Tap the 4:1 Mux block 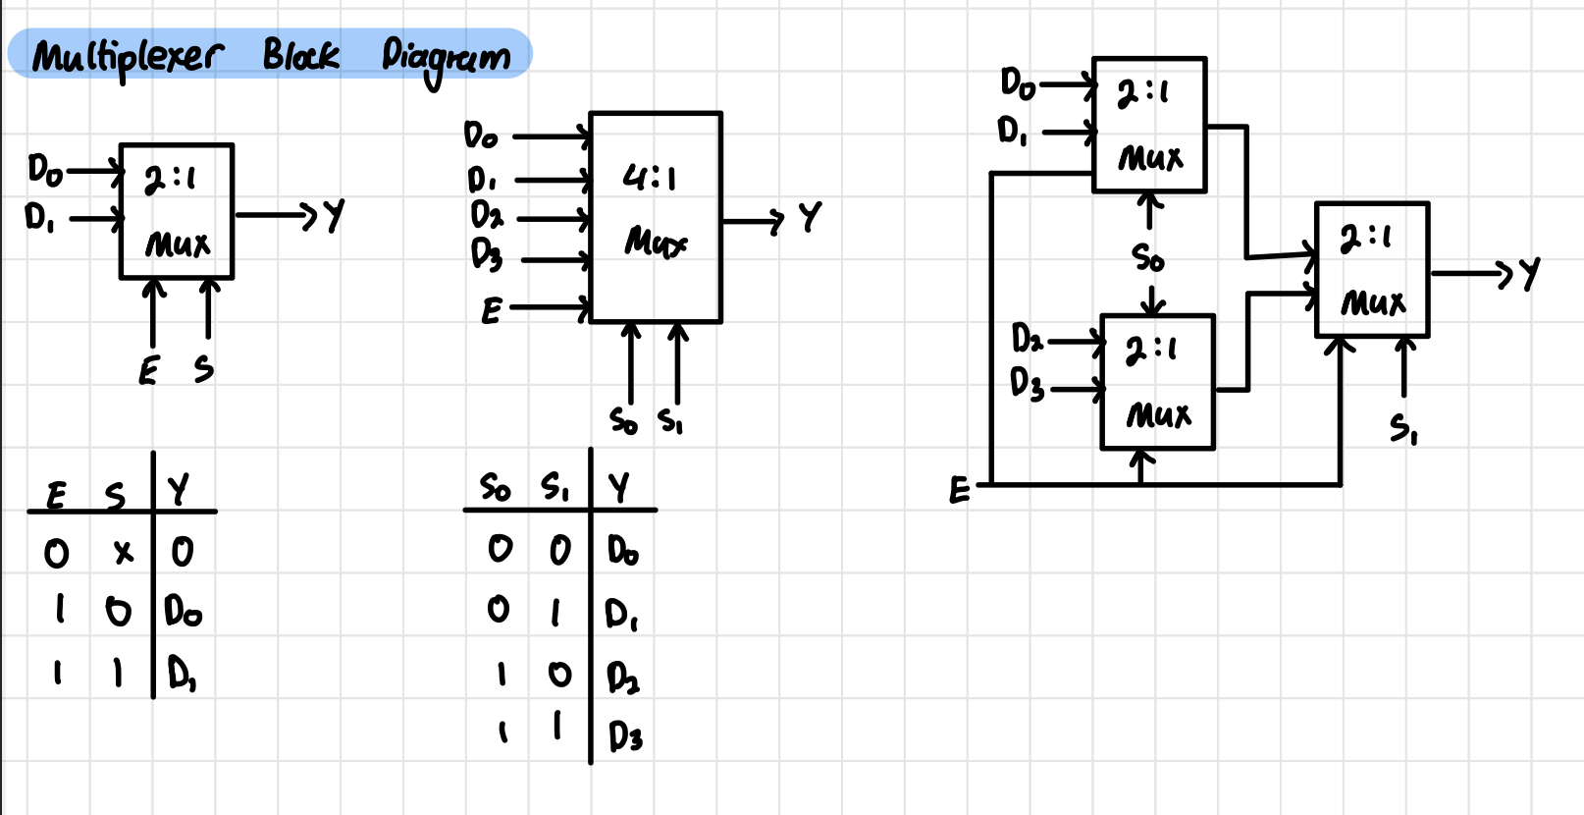656,217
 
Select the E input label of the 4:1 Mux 491,311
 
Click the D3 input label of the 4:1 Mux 486,254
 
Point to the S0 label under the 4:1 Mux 623,421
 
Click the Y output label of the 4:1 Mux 809,216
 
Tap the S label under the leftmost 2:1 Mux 203,369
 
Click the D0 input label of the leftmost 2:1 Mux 44,170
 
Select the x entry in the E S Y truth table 123,553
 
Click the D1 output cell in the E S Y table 182,674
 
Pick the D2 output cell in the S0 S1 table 622,677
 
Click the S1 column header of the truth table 554,486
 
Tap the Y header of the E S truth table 178,488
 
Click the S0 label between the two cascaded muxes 1147,258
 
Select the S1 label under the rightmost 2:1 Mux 1402,428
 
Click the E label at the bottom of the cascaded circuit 959,489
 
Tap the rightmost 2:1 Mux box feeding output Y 1371,270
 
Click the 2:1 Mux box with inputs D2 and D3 1157,382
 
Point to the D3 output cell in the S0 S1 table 625,735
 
